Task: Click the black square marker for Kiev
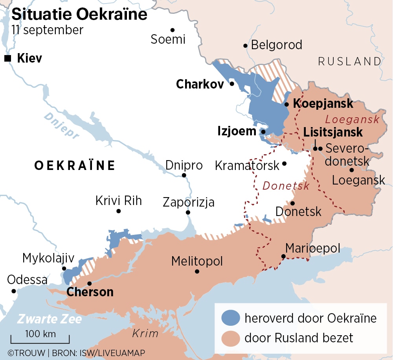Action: pyautogui.click(x=7, y=59)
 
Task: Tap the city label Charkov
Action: pyautogui.click(x=200, y=84)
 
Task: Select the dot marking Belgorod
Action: pyautogui.click(x=245, y=46)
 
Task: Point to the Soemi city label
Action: pyautogui.click(x=168, y=39)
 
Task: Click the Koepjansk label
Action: pyautogui.click(x=323, y=104)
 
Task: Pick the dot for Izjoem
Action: pyautogui.click(x=263, y=132)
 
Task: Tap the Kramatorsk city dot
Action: pyautogui.click(x=285, y=163)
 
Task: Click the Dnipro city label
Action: pyautogui.click(x=184, y=165)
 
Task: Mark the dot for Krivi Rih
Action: pyautogui.click(x=118, y=211)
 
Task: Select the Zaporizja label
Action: pyautogui.click(x=189, y=203)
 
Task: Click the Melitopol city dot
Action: pyautogui.click(x=197, y=271)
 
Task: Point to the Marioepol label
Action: pyautogui.click(x=312, y=249)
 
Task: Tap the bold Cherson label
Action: pyautogui.click(x=90, y=292)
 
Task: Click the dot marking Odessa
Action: pyautogui.click(x=14, y=291)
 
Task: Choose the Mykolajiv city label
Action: pyautogui.click(x=48, y=258)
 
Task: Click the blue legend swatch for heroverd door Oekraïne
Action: pyautogui.click(x=231, y=318)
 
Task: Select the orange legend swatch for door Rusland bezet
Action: pyautogui.click(x=231, y=338)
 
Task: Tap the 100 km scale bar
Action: pyautogui.click(x=40, y=340)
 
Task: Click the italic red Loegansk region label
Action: pyautogui.click(x=352, y=119)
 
